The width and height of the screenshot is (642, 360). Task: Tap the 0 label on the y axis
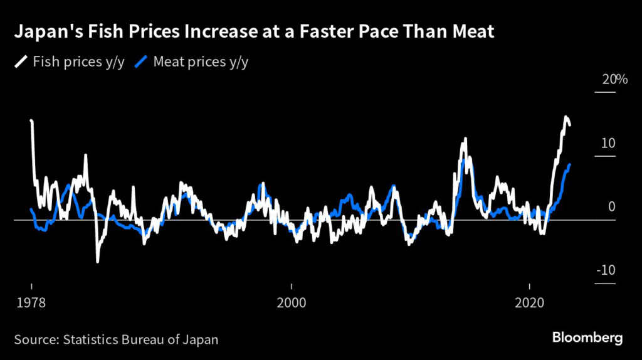click(x=611, y=207)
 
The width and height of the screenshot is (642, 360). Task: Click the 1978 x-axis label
click(x=29, y=302)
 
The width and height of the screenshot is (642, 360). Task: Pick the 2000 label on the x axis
click(x=291, y=302)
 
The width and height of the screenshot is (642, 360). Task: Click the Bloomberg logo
click(x=587, y=338)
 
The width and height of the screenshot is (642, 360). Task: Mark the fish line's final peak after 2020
click(x=566, y=117)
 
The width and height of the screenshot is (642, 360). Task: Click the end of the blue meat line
click(x=569, y=164)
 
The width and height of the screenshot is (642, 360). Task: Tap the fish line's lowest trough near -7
click(x=97, y=261)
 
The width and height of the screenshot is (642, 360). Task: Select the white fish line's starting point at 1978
click(x=31, y=120)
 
